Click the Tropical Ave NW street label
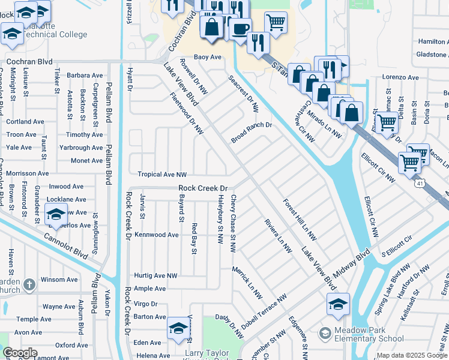point(158,175)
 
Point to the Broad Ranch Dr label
point(252,133)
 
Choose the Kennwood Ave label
point(157,235)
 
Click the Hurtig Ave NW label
point(155,275)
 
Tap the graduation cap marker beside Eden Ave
point(178,328)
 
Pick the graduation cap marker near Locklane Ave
point(55,214)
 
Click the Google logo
point(20,353)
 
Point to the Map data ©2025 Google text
point(412,355)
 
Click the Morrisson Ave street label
point(27,173)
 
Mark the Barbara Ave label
point(85,76)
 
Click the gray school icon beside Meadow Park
point(325,333)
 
